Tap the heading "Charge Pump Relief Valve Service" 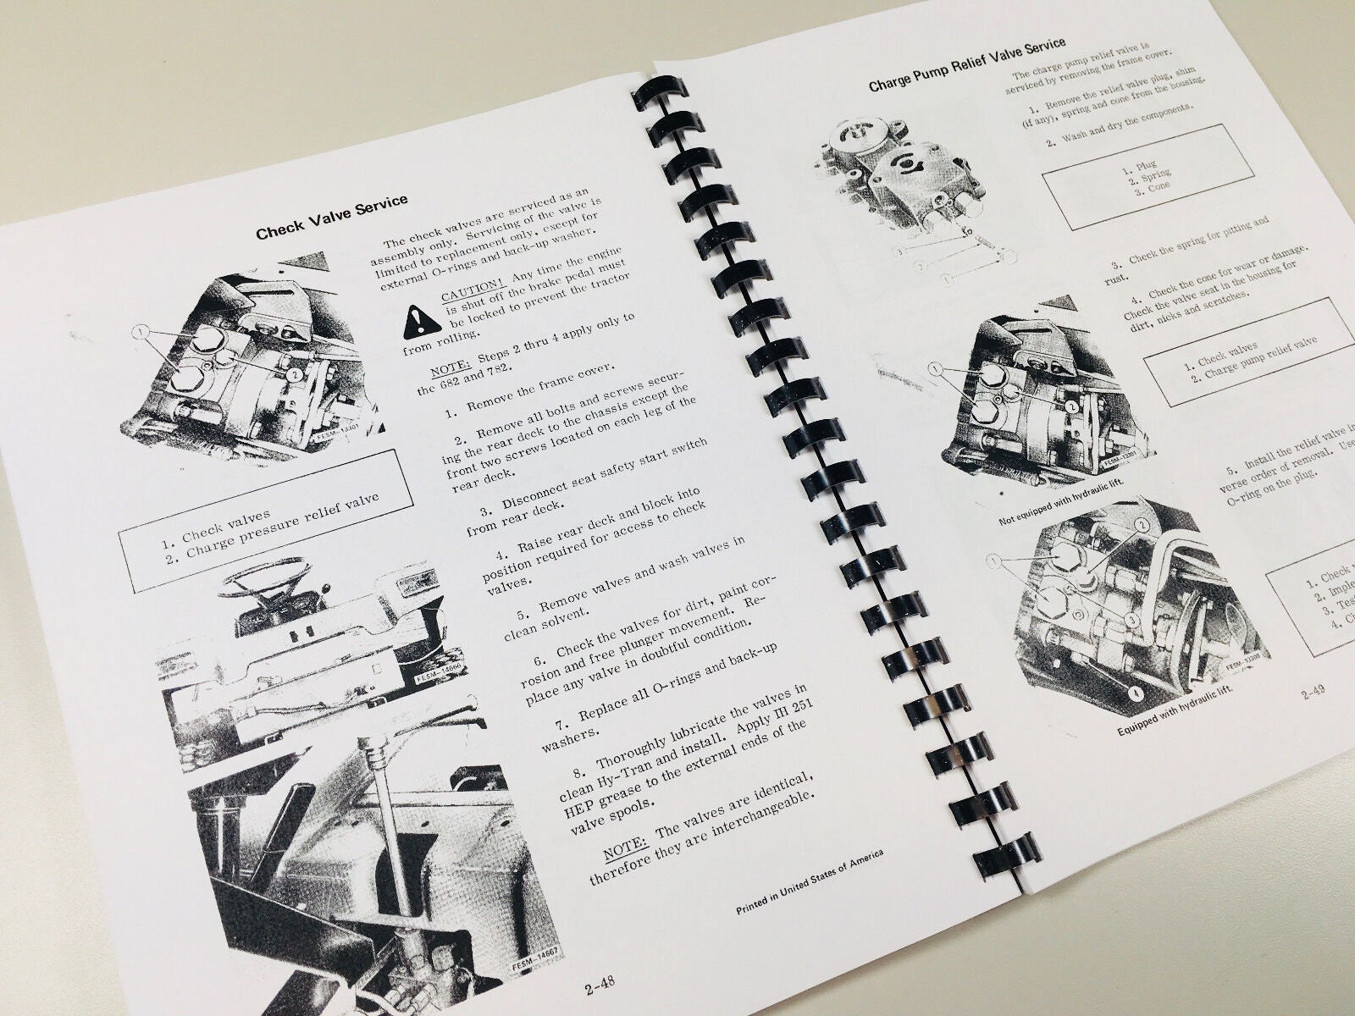(x=967, y=66)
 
